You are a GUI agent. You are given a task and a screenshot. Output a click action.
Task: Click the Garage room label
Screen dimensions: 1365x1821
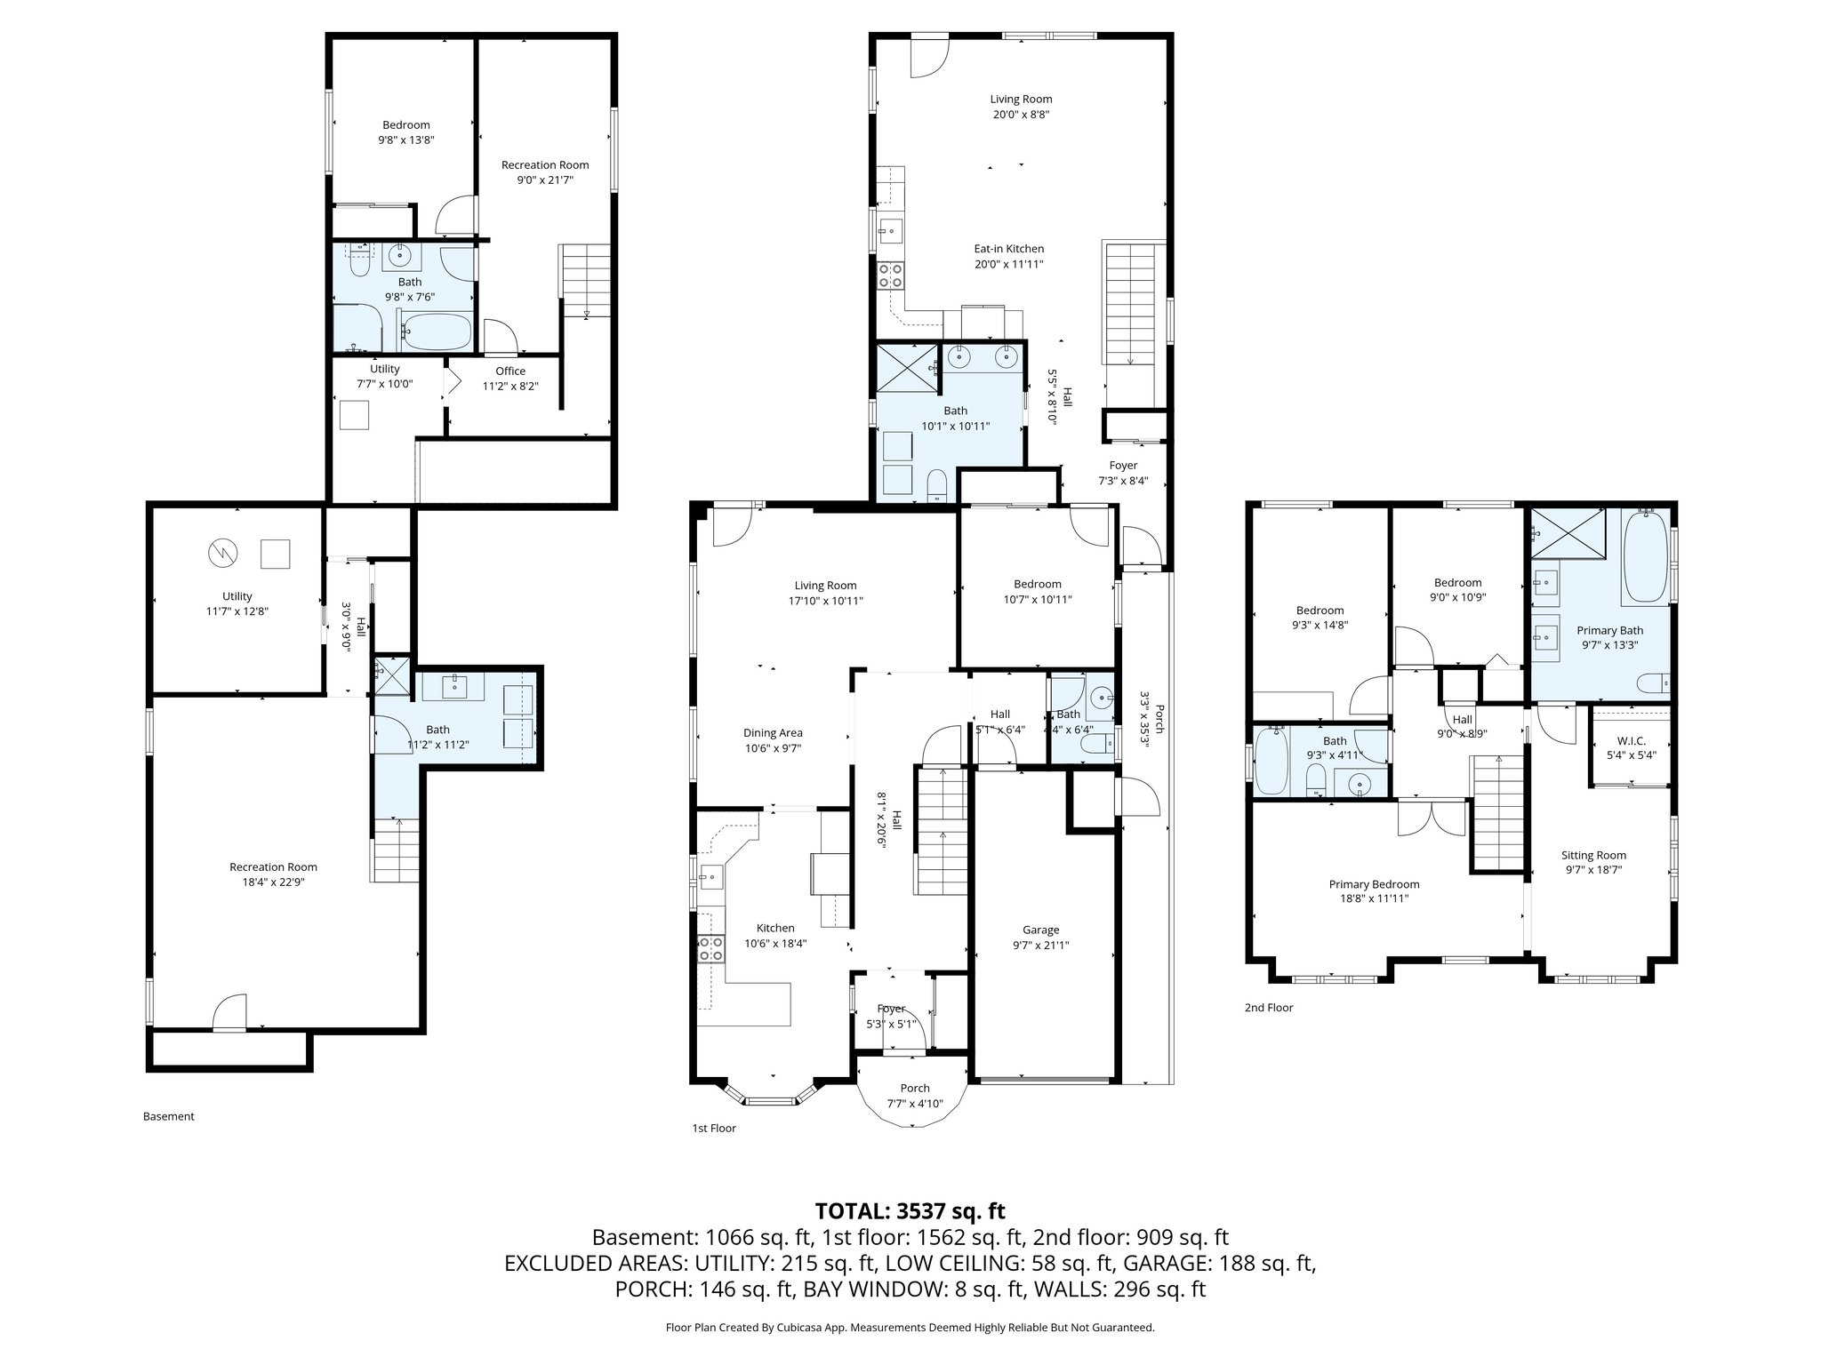(1040, 930)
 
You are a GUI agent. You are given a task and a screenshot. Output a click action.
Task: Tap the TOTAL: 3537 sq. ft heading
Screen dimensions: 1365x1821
(910, 1210)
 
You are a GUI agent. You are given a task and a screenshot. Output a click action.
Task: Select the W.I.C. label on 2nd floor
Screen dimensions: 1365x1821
(1631, 739)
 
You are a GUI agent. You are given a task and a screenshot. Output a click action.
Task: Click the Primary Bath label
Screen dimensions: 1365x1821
(1609, 630)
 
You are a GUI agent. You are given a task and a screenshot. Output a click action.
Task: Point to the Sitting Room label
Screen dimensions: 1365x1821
(1593, 855)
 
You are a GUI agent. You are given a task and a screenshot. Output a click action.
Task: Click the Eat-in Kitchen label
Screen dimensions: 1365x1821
(1008, 249)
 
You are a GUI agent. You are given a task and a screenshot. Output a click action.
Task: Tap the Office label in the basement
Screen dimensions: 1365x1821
(510, 371)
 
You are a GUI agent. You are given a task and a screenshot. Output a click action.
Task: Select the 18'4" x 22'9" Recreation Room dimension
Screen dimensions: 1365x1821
(273, 882)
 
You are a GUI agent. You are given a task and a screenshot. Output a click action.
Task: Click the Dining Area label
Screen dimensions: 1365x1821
(773, 733)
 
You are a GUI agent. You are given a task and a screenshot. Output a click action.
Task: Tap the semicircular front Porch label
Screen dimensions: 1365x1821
(914, 1088)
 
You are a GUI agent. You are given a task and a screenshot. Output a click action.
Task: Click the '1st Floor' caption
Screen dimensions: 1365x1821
(714, 1128)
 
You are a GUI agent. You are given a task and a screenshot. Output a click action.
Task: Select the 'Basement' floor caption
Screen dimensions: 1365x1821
(168, 1116)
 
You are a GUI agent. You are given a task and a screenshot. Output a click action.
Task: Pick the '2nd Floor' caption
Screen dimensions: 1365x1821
(1269, 1007)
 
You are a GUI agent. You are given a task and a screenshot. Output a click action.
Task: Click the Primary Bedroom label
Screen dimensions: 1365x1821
(1374, 884)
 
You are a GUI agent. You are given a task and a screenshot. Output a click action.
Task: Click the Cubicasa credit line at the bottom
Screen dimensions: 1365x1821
(910, 1328)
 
